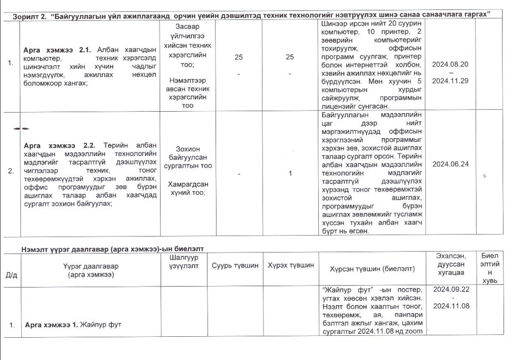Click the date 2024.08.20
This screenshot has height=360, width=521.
click(449, 64)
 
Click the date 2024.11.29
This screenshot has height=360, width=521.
click(449, 81)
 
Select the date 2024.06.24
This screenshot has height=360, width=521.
click(449, 164)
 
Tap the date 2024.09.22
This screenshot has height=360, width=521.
click(450, 289)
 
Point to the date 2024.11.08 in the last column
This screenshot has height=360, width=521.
click(450, 306)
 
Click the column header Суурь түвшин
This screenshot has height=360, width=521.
click(235, 266)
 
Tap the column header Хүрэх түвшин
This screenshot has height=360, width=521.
click(291, 266)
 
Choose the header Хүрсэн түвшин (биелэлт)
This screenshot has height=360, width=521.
click(372, 269)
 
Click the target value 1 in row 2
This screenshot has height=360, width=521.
click(290, 173)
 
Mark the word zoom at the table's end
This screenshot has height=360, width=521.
click(415, 331)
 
